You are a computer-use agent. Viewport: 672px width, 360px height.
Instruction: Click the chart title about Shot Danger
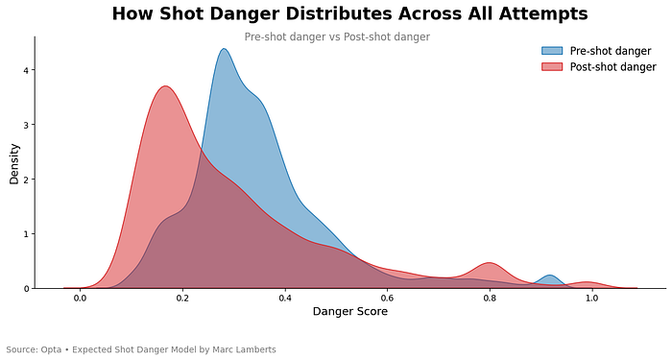click(349, 14)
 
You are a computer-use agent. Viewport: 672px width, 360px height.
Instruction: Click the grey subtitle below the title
click(337, 36)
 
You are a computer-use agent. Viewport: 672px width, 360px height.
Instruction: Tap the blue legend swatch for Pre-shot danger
click(552, 51)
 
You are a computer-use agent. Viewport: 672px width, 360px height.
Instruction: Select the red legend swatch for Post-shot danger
click(552, 67)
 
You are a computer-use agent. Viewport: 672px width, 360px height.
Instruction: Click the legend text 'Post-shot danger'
click(612, 67)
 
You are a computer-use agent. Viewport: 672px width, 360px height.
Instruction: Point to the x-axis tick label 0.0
click(80, 299)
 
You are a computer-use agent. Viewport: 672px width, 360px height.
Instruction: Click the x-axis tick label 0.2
click(182, 299)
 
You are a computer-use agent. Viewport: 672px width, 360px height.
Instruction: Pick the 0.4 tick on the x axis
click(285, 299)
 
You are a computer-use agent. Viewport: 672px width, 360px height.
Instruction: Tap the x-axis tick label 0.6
click(388, 299)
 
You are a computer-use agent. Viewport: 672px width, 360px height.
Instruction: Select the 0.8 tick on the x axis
click(490, 299)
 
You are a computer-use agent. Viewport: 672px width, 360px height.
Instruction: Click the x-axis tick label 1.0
click(592, 299)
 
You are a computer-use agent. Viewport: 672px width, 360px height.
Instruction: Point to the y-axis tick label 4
click(26, 70)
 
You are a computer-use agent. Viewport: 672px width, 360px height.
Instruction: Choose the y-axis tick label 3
click(26, 125)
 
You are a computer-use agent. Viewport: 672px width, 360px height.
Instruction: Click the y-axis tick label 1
click(26, 234)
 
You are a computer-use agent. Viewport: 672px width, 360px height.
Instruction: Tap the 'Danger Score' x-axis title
click(350, 312)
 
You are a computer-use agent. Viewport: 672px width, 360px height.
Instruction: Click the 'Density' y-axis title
click(14, 164)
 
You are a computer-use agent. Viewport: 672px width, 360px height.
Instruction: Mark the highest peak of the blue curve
click(224, 49)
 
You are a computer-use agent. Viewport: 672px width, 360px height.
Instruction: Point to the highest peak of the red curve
click(165, 86)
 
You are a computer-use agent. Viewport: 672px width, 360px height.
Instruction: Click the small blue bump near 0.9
click(550, 276)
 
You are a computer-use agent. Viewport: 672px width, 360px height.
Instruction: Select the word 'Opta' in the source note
click(51, 349)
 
